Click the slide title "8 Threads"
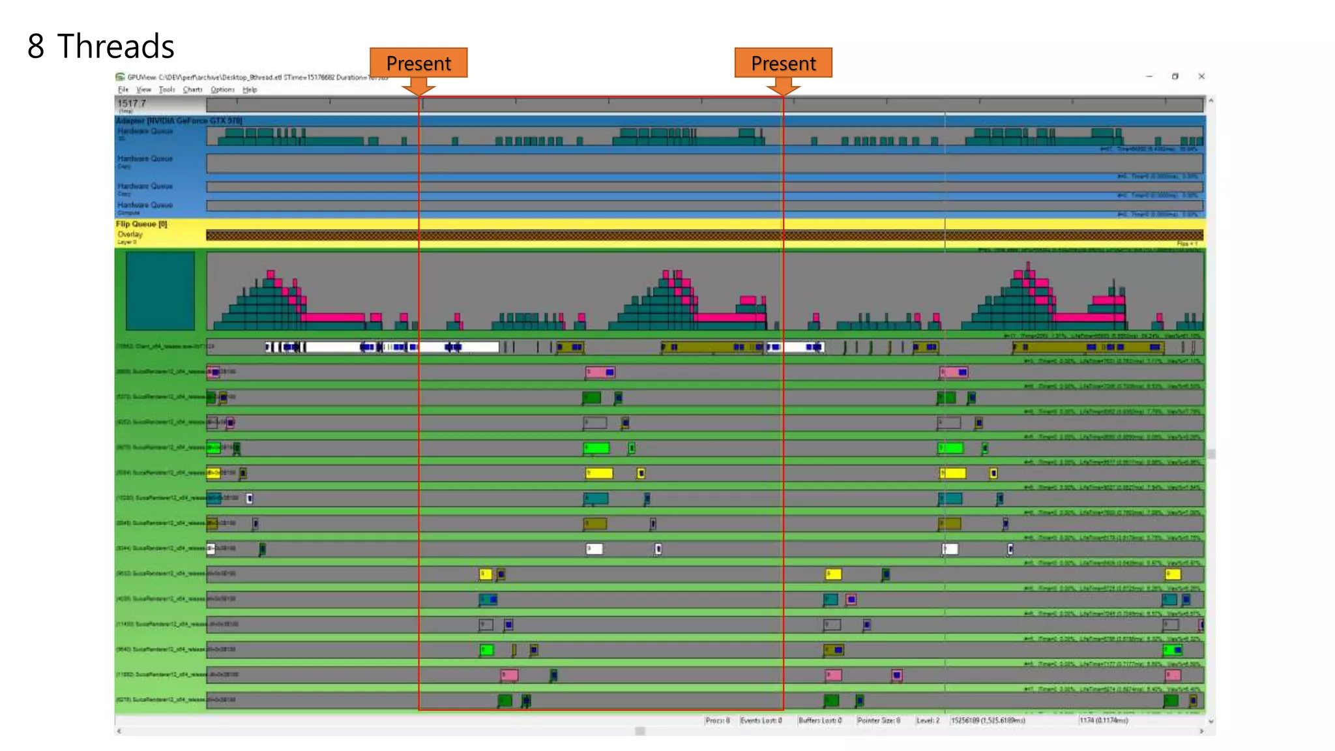[x=101, y=46]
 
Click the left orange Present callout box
[x=418, y=63]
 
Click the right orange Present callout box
[x=783, y=63]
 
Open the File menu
[x=123, y=90]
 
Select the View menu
[x=143, y=90]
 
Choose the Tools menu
[x=167, y=90]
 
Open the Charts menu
[x=192, y=90]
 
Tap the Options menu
[x=222, y=90]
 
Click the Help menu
[x=250, y=90]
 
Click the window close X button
[x=1201, y=76]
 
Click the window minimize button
[x=1149, y=76]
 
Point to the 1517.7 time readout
[x=132, y=104]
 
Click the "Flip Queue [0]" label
[x=141, y=224]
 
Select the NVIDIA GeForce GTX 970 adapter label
[x=179, y=121]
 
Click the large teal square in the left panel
[x=160, y=291]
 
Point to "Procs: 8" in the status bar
[x=717, y=720]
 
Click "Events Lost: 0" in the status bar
[x=761, y=720]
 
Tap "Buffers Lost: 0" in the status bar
[x=820, y=720]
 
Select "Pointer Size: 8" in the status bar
[x=879, y=720]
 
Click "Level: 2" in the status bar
[x=928, y=720]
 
